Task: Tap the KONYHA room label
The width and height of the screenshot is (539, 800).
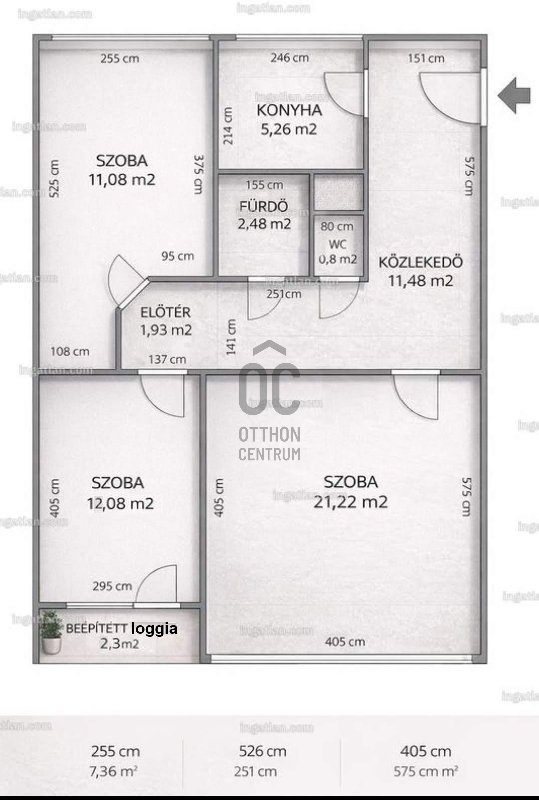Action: (289, 110)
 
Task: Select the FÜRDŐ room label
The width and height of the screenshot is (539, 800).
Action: (264, 206)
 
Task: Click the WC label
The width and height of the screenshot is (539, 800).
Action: (338, 245)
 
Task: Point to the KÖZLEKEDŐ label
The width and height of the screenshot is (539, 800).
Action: (421, 262)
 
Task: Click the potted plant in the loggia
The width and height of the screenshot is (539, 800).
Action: (51, 631)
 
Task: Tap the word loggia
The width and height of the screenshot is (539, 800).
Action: (154, 629)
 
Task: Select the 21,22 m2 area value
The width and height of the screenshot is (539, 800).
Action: (350, 502)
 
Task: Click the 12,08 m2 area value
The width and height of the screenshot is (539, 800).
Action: (120, 504)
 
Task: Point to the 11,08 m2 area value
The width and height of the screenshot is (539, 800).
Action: (122, 179)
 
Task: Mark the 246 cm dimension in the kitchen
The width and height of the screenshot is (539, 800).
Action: (289, 58)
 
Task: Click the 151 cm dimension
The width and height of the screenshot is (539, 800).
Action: (426, 58)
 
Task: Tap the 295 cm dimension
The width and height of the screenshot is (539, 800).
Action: (112, 586)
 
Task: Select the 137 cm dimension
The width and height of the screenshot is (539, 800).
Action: (167, 359)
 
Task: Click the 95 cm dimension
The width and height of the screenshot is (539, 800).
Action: (178, 256)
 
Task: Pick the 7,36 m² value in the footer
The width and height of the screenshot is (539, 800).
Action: (113, 772)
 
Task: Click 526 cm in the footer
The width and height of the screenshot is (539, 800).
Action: (263, 751)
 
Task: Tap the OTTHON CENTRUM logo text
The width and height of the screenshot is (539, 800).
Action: (269, 444)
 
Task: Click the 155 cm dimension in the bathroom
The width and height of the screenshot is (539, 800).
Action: (264, 185)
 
